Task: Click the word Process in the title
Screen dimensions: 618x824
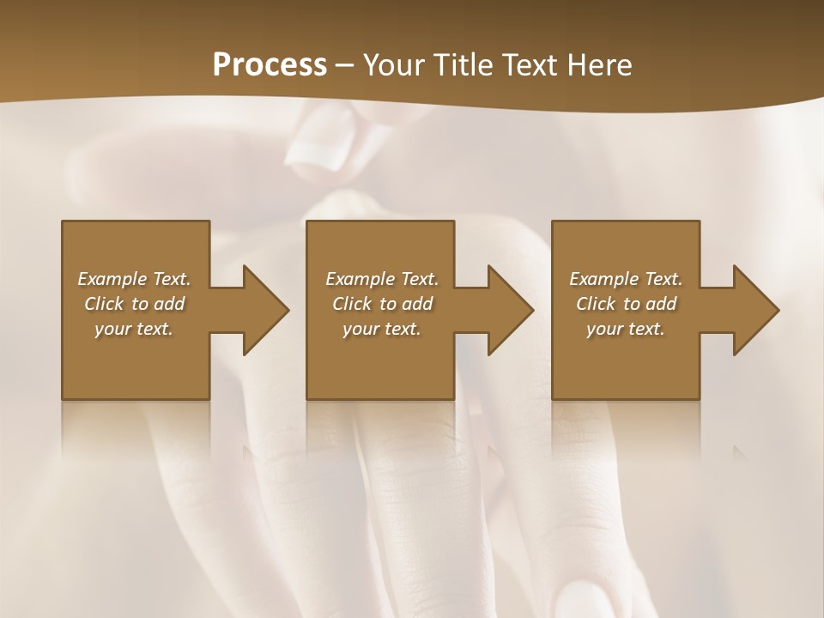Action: click(270, 65)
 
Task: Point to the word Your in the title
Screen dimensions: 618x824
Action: click(391, 65)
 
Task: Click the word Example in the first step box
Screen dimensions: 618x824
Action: click(112, 279)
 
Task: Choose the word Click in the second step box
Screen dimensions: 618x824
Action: click(352, 304)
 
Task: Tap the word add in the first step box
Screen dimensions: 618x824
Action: click(169, 304)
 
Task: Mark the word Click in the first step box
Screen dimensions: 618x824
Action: click(104, 304)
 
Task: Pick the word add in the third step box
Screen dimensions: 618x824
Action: click(661, 304)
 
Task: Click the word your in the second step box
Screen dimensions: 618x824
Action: click(361, 329)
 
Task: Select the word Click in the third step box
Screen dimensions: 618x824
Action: click(596, 304)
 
